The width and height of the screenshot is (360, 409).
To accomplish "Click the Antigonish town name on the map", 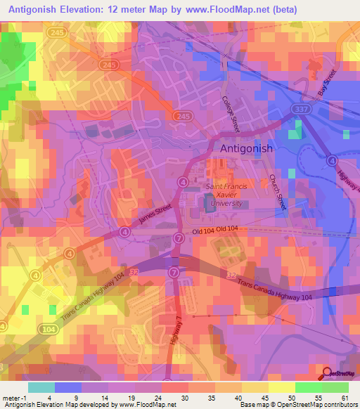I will click(x=246, y=149).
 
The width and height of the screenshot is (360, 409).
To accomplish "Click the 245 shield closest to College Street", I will click(x=184, y=116).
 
